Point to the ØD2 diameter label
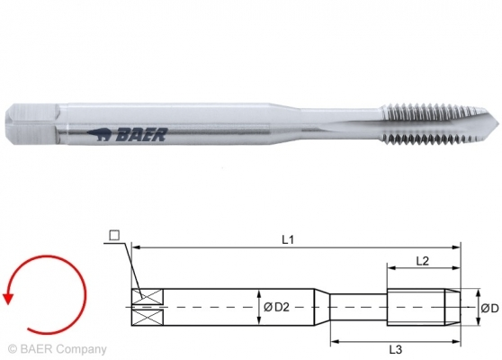point(276,308)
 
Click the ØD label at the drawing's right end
point(489,308)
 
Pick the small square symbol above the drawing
point(114,236)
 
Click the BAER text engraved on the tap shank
point(139,136)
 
